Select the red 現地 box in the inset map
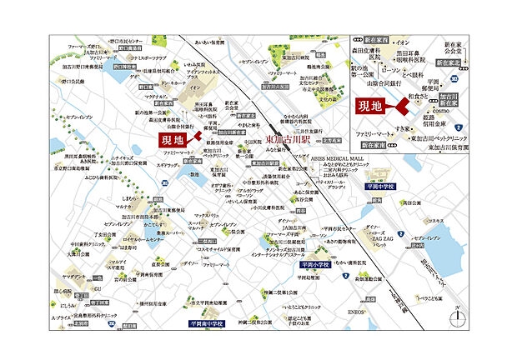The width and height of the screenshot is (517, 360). (370, 106)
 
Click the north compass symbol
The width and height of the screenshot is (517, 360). (457, 316)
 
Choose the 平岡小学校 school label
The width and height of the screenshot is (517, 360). (311, 263)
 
